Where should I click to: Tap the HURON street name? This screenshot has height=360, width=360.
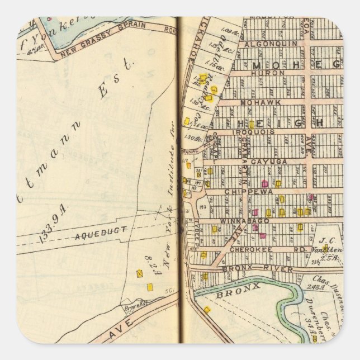coord(264,73)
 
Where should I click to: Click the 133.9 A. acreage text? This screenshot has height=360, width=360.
coord(47,226)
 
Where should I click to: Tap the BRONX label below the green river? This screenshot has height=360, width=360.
coord(231,292)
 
